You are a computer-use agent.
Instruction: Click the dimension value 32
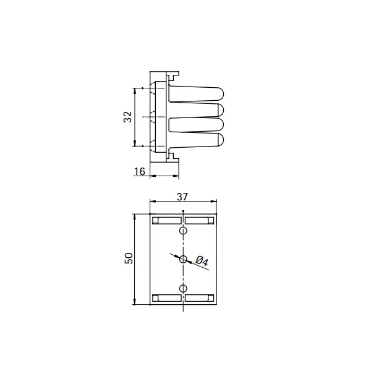point(128,117)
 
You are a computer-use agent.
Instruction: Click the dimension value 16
point(139,171)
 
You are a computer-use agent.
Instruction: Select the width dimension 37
point(182,197)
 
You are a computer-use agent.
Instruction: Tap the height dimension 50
point(129,258)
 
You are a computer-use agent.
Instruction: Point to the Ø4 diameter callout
point(202,261)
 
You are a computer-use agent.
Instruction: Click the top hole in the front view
point(183,231)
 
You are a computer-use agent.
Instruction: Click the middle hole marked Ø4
point(183,259)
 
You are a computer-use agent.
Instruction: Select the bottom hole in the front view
point(183,288)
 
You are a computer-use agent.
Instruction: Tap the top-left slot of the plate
point(167,221)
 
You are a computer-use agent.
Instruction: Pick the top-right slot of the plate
point(200,221)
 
